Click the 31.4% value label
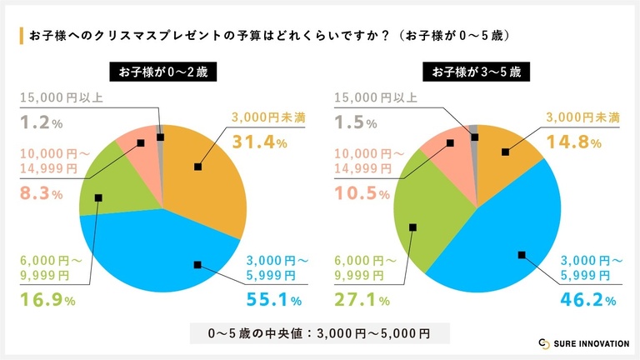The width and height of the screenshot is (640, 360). (259, 142)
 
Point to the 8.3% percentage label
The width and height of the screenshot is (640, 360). (41, 194)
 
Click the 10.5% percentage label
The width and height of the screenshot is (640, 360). (362, 194)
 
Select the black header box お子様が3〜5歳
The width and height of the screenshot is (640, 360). (476, 72)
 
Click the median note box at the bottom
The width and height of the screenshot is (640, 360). (319, 333)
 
